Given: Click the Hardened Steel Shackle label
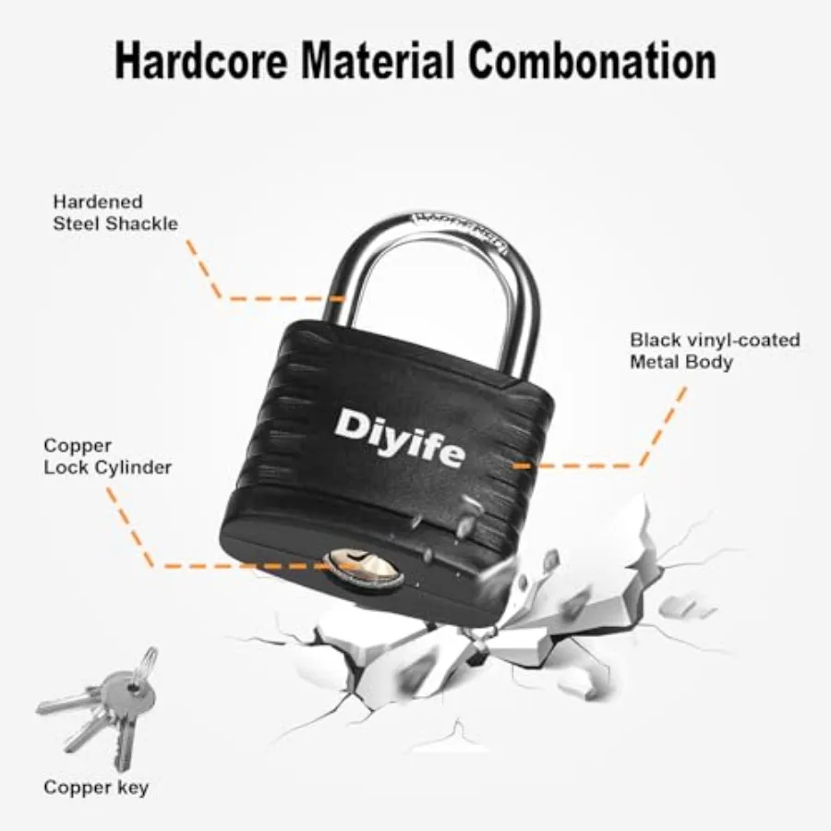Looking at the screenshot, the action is (115, 212).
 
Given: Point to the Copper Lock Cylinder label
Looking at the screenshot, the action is (108, 456).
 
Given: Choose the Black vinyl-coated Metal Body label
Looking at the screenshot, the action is (715, 351).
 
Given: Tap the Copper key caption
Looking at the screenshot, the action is (96, 788).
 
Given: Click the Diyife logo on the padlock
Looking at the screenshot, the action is (400, 438).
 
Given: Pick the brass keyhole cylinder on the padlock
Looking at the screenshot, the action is (363, 568).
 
